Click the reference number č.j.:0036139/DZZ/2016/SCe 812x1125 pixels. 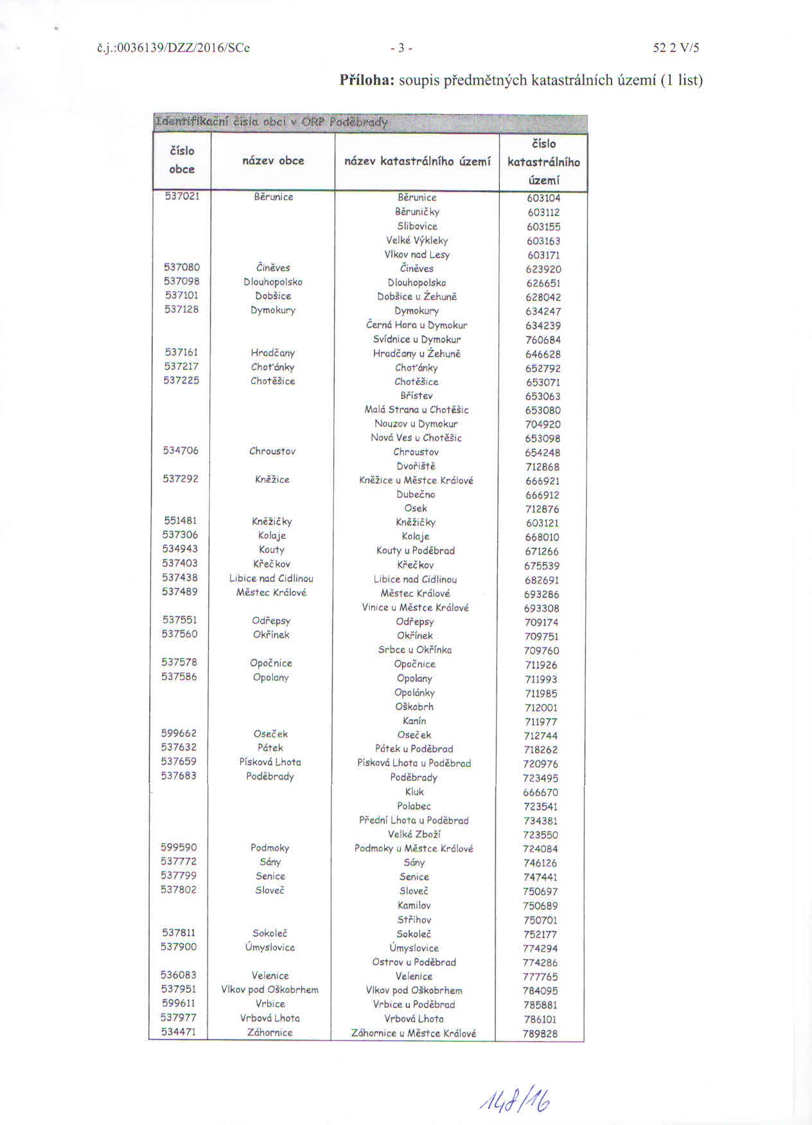coord(172,48)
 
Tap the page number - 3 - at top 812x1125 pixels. coord(401,48)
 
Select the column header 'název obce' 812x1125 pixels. coord(273,161)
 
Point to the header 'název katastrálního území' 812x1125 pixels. coord(417,161)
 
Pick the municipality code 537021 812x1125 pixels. coord(182,196)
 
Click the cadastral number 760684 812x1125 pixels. coord(543,340)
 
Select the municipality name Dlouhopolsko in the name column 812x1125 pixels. coord(273,282)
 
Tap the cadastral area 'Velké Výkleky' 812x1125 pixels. coord(417,240)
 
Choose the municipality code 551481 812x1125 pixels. coord(181,521)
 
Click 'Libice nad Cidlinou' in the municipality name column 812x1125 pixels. coord(271,578)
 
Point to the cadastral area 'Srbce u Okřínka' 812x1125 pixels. coord(415,650)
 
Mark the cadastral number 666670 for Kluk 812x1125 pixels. coord(540,792)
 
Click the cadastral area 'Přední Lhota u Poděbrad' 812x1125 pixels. coord(414,820)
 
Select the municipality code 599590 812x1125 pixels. coord(179,848)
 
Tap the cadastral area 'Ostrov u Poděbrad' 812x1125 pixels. coord(414,962)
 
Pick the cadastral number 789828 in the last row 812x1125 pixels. coord(540,1034)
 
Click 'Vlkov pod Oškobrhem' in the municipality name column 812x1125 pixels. coord(270,990)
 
